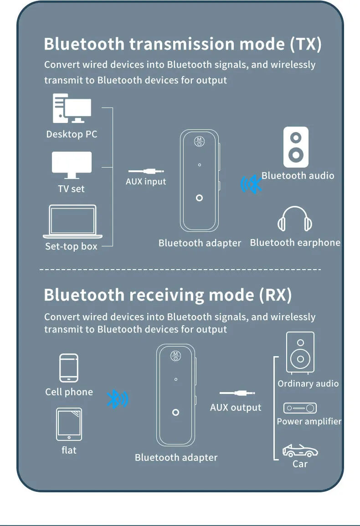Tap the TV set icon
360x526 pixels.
(x=72, y=165)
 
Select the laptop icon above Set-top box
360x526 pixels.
(x=72, y=222)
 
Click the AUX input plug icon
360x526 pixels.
(x=146, y=172)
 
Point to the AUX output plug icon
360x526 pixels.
(x=237, y=393)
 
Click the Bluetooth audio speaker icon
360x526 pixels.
(x=296, y=147)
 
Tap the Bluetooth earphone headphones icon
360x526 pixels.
(x=295, y=220)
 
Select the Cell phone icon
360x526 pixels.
(x=69, y=368)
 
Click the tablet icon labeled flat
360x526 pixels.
(x=69, y=424)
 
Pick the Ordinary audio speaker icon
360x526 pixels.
(x=300, y=352)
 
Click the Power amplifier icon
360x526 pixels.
(x=300, y=408)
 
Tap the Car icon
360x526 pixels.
(x=300, y=451)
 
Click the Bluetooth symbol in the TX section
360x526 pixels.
(x=252, y=184)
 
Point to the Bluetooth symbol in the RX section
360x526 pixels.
(x=118, y=399)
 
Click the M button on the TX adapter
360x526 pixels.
(x=199, y=141)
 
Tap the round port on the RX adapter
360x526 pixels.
(x=176, y=413)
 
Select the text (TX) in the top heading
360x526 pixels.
(x=306, y=45)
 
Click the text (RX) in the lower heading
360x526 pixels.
(x=275, y=296)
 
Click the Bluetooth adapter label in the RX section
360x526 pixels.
(x=176, y=458)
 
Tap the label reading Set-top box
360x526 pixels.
(x=71, y=246)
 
